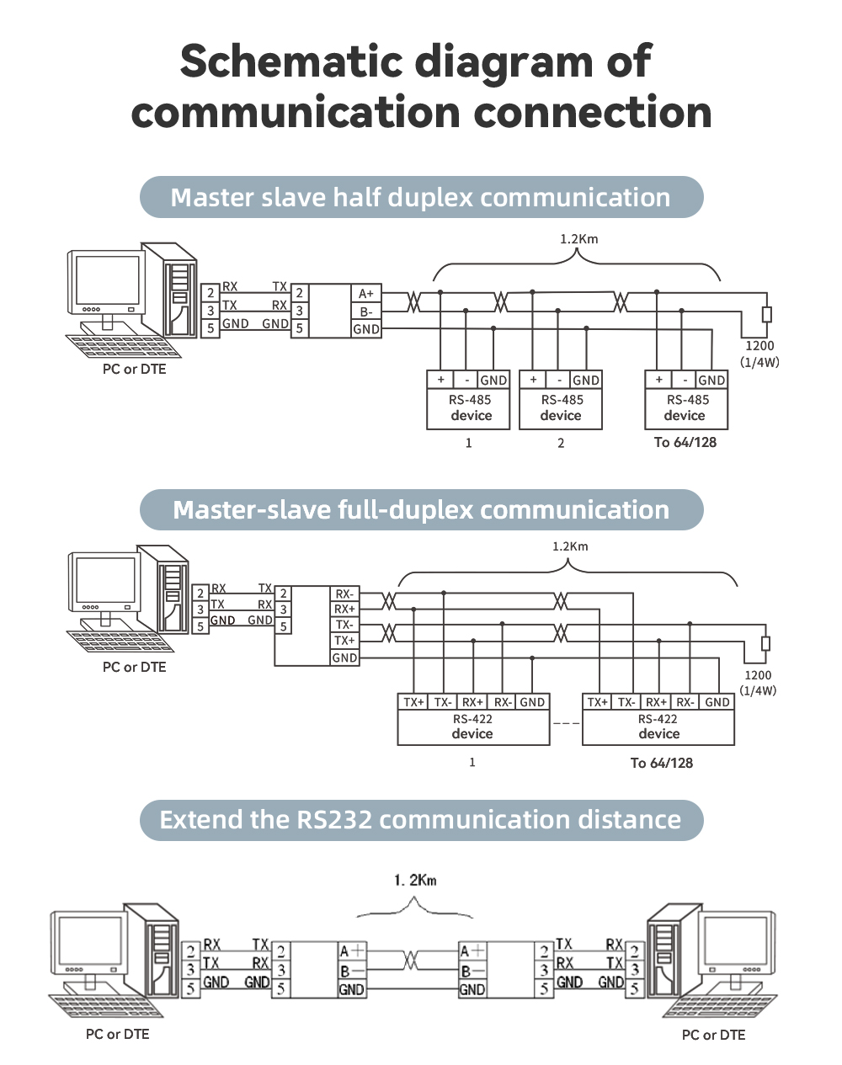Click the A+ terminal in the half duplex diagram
pyautogui.click(x=365, y=294)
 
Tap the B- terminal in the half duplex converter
pyautogui.click(x=365, y=312)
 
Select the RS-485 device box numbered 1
pyautogui.click(x=468, y=407)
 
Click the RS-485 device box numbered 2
pyautogui.click(x=561, y=407)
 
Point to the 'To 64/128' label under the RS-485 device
pyautogui.click(x=685, y=442)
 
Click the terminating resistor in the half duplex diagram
pyautogui.click(x=766, y=314)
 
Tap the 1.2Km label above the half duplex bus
pyautogui.click(x=578, y=239)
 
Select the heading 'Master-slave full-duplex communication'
pyautogui.click(x=421, y=509)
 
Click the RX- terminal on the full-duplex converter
pyautogui.click(x=344, y=594)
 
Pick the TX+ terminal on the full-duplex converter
pyautogui.click(x=344, y=642)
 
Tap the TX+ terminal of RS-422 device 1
pyautogui.click(x=413, y=702)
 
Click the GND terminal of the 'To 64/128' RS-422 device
pyautogui.click(x=717, y=702)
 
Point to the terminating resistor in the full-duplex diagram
pyautogui.click(x=765, y=643)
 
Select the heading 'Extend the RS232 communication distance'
pyautogui.click(x=421, y=819)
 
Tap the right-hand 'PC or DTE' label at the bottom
pyautogui.click(x=713, y=1035)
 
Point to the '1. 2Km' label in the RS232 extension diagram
pyautogui.click(x=415, y=881)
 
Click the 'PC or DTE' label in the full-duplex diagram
pyautogui.click(x=134, y=667)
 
